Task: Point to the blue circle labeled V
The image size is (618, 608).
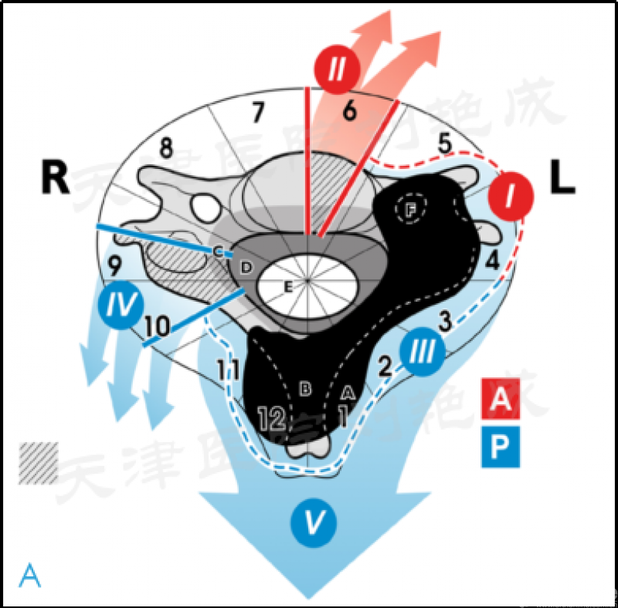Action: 312,523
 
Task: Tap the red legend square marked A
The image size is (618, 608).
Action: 501,398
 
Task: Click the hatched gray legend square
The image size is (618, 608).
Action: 38,461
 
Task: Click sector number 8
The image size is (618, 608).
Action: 166,148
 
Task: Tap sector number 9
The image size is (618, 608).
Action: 114,267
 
